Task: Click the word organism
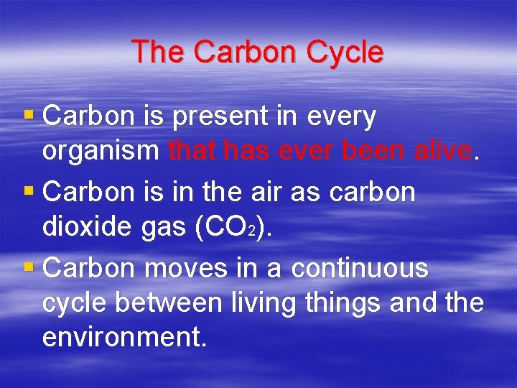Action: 101,152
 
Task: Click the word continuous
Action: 360,268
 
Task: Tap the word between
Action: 169,302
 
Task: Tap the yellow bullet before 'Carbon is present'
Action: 28,113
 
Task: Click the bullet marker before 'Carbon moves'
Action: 28,268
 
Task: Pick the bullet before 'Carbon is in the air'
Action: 28,190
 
